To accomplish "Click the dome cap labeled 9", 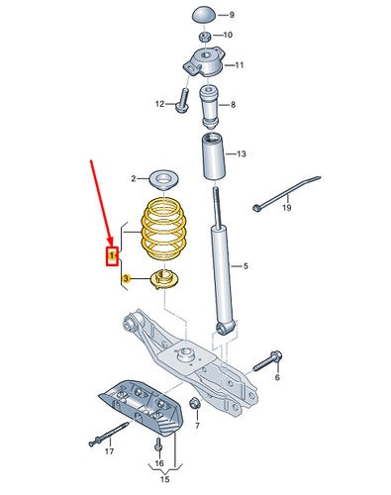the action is [x=204, y=15].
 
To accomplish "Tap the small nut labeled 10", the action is [x=204, y=36].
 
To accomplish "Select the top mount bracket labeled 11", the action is [x=204, y=62].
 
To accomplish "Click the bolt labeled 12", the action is [x=182, y=100].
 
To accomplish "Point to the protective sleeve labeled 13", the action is [x=214, y=155].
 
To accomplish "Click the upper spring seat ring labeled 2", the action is [x=164, y=180].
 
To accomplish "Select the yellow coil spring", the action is [x=163, y=229].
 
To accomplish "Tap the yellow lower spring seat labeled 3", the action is [x=164, y=279].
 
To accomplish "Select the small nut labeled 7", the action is [x=194, y=403].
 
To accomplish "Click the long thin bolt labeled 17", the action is [x=108, y=434].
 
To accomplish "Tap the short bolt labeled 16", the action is [x=158, y=445].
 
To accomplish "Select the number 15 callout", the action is [x=164, y=479].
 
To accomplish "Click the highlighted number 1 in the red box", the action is [x=112, y=255].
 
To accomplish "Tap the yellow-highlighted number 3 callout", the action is [x=126, y=279].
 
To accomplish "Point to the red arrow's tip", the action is [x=111, y=246].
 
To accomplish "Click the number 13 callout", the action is [x=242, y=153].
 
